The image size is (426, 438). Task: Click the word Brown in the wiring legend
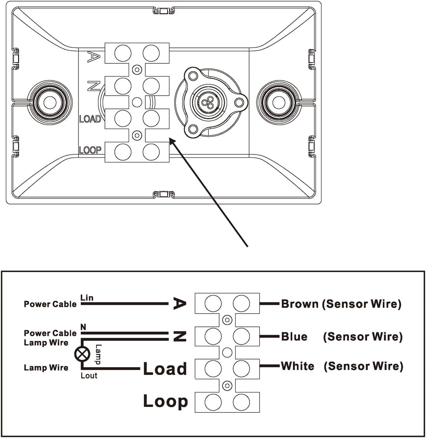pos(300,304)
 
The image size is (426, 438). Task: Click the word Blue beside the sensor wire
pos(294,336)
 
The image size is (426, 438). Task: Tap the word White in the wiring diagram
pos(297,366)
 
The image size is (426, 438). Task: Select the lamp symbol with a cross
pos(82,354)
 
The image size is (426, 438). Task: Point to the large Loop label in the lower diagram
pos(165,401)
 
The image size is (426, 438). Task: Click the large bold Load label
pos(165,369)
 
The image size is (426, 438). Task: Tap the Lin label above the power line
pos(87,297)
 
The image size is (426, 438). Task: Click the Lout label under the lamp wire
pos(89,375)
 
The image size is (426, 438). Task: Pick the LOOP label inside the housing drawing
pos(90,150)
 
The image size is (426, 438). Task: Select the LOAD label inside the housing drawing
pos(90,119)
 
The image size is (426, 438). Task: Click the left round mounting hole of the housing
pos(49,103)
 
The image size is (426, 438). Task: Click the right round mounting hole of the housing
pos(279,103)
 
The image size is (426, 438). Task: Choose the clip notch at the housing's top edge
pos(163,10)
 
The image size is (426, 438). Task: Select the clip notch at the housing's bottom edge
pos(163,194)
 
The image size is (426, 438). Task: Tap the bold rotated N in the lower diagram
pos(180,336)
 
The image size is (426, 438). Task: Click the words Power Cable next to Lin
pos(50,304)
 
